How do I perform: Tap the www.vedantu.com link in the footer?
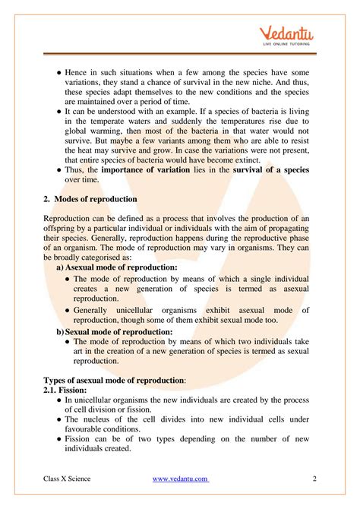[181, 479]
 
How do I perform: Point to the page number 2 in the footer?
[314, 479]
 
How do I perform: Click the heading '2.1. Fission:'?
[71, 390]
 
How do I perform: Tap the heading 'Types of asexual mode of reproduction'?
[114, 379]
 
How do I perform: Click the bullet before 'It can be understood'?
[59, 109]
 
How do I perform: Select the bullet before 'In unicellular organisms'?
[59, 400]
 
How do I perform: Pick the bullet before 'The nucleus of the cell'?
[59, 419]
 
